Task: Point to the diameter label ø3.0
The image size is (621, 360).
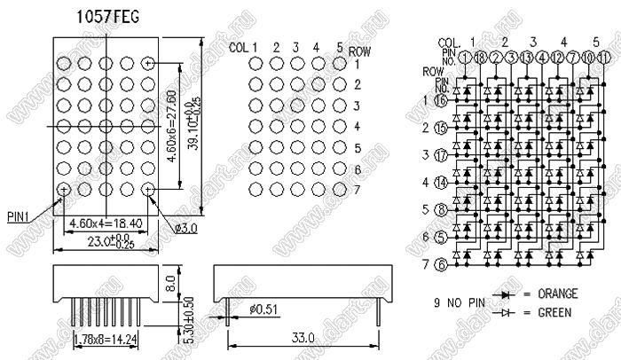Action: coord(185,229)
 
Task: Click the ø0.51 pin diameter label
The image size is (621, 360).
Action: coord(264,309)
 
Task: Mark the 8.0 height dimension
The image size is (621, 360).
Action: coord(169,284)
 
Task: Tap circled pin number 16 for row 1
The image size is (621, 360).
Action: coord(441,101)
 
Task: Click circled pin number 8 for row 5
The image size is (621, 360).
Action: coord(441,209)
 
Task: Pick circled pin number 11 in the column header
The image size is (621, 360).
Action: coord(604,57)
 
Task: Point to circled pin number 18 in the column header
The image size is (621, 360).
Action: coord(480,57)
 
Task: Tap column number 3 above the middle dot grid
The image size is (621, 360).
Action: coord(297,47)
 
